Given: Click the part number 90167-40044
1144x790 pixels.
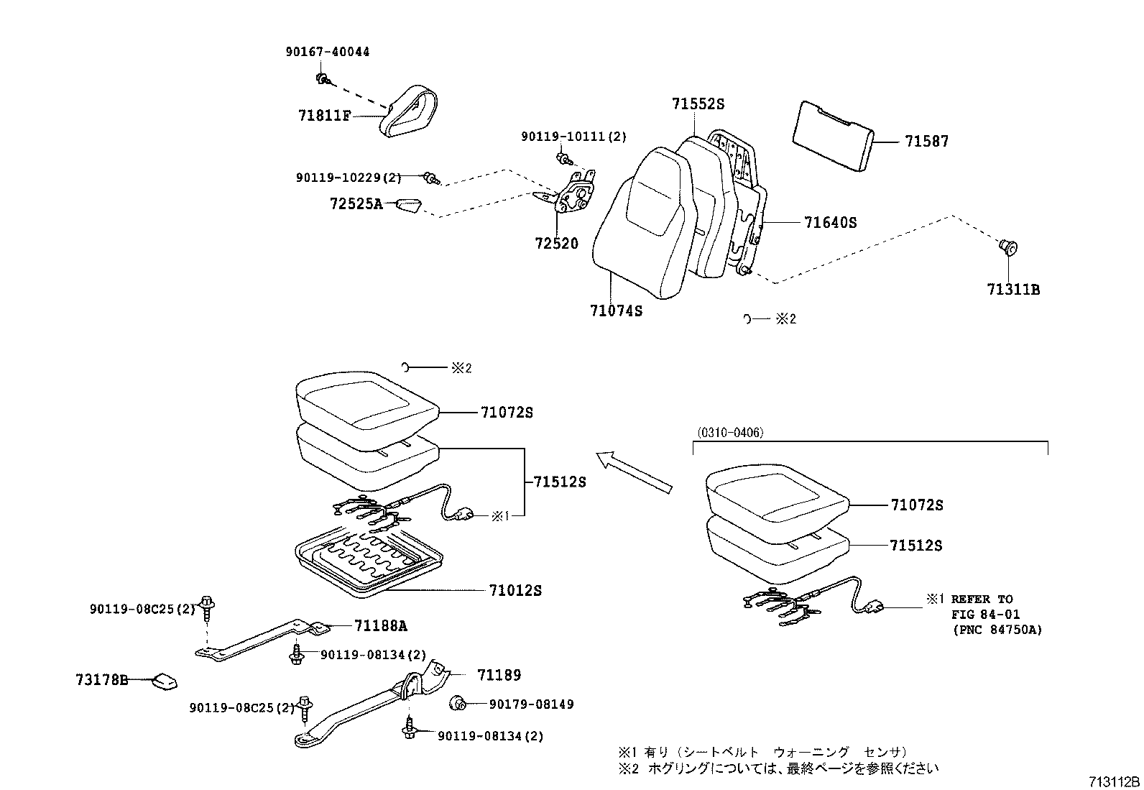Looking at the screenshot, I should pyautogui.click(x=327, y=52).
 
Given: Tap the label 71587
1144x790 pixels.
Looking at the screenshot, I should pyautogui.click(x=926, y=142).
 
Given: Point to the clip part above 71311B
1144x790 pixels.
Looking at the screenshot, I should pyautogui.click(x=1009, y=248).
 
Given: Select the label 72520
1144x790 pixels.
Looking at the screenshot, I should pyautogui.click(x=556, y=244).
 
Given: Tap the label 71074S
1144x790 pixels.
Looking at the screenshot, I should pyautogui.click(x=616, y=311).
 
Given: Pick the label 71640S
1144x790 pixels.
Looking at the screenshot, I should pyautogui.click(x=831, y=223).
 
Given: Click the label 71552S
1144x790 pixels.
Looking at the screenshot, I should pyautogui.click(x=698, y=104).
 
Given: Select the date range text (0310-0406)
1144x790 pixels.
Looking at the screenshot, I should pyautogui.click(x=730, y=433).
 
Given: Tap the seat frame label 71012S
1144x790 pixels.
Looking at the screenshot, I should pyautogui.click(x=515, y=591).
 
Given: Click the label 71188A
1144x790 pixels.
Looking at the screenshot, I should pyautogui.click(x=380, y=626).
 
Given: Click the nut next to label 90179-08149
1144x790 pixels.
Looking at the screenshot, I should pyautogui.click(x=456, y=703).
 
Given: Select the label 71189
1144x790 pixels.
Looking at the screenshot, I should pyautogui.click(x=499, y=675).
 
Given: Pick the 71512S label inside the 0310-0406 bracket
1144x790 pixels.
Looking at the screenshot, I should pyautogui.click(x=915, y=546).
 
